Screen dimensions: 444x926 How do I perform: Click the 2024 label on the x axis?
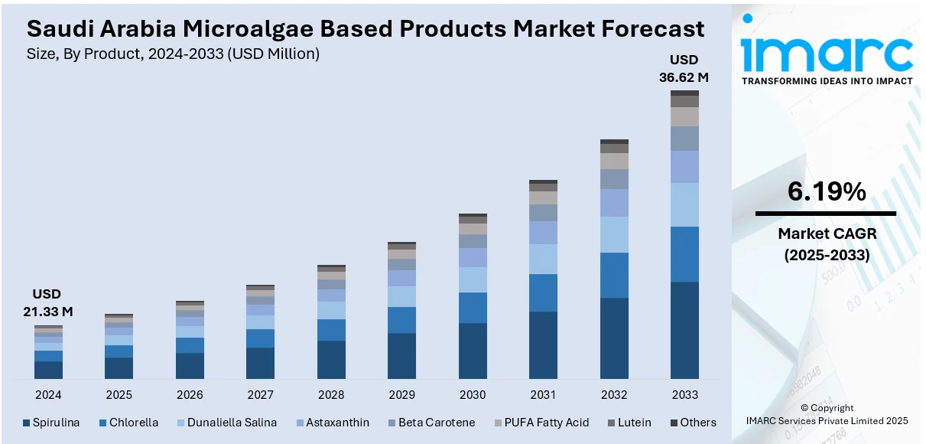click(48, 395)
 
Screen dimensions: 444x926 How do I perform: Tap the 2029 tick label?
click(401, 395)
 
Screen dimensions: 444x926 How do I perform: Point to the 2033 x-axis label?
click(684, 395)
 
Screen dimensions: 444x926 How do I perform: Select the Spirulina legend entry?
click(51, 423)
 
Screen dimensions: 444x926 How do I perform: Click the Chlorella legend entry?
click(129, 423)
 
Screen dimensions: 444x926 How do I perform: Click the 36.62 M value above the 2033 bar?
click(684, 77)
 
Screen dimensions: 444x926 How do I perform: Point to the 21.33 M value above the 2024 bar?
click(47, 312)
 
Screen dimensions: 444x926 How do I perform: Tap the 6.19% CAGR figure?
click(827, 192)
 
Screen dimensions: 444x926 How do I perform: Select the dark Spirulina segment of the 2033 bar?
click(684, 330)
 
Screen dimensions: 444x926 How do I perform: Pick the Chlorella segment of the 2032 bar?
click(614, 275)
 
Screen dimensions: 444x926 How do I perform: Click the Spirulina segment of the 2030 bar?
click(473, 351)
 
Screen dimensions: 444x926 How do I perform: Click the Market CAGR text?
click(827, 233)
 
